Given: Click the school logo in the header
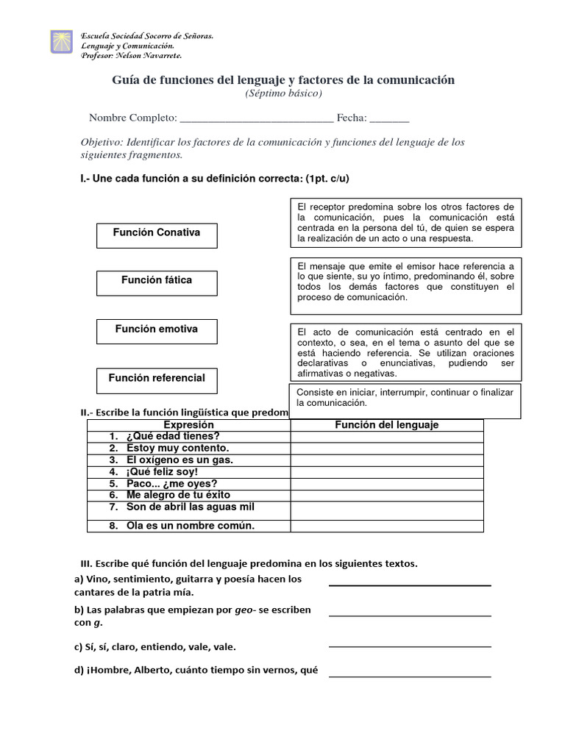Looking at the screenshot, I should tap(61, 42).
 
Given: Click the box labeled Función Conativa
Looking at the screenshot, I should tap(157, 235).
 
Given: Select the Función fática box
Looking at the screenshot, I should tap(157, 282).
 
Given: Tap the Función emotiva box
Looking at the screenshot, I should tap(157, 331).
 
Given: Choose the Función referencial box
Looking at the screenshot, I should tap(157, 380).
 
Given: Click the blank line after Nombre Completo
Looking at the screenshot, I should tap(256, 120).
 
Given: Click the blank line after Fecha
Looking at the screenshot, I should tap(389, 120).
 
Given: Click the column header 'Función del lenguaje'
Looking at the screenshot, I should tap(386, 425).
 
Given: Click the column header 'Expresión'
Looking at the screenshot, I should tap(188, 425).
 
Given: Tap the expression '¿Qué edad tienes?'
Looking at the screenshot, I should tap(173, 436).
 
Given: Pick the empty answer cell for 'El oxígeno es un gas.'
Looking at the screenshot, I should tap(386, 460).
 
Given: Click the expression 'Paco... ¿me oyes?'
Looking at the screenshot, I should tap(171, 483).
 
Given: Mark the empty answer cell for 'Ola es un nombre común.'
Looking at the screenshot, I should tap(386, 525).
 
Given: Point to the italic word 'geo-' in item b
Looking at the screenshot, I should tap(245, 610).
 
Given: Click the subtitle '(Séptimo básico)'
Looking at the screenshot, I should tap(283, 93).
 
